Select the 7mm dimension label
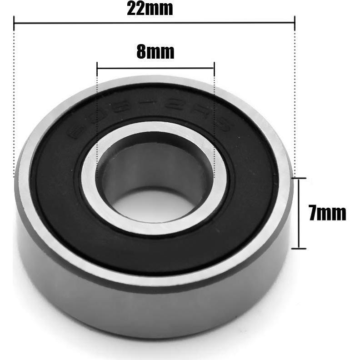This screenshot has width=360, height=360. pyautogui.click(x=327, y=213)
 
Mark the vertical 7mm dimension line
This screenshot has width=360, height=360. pyautogui.click(x=299, y=214)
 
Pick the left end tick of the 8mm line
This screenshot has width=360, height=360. pyautogui.click(x=97, y=68)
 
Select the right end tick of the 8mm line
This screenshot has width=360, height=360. pyautogui.click(x=214, y=68)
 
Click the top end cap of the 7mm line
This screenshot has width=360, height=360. pyautogui.click(x=299, y=179)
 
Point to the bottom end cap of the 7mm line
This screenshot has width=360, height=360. pyautogui.click(x=299, y=248)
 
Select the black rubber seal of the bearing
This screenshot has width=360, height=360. pyautogui.click(x=68, y=191)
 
